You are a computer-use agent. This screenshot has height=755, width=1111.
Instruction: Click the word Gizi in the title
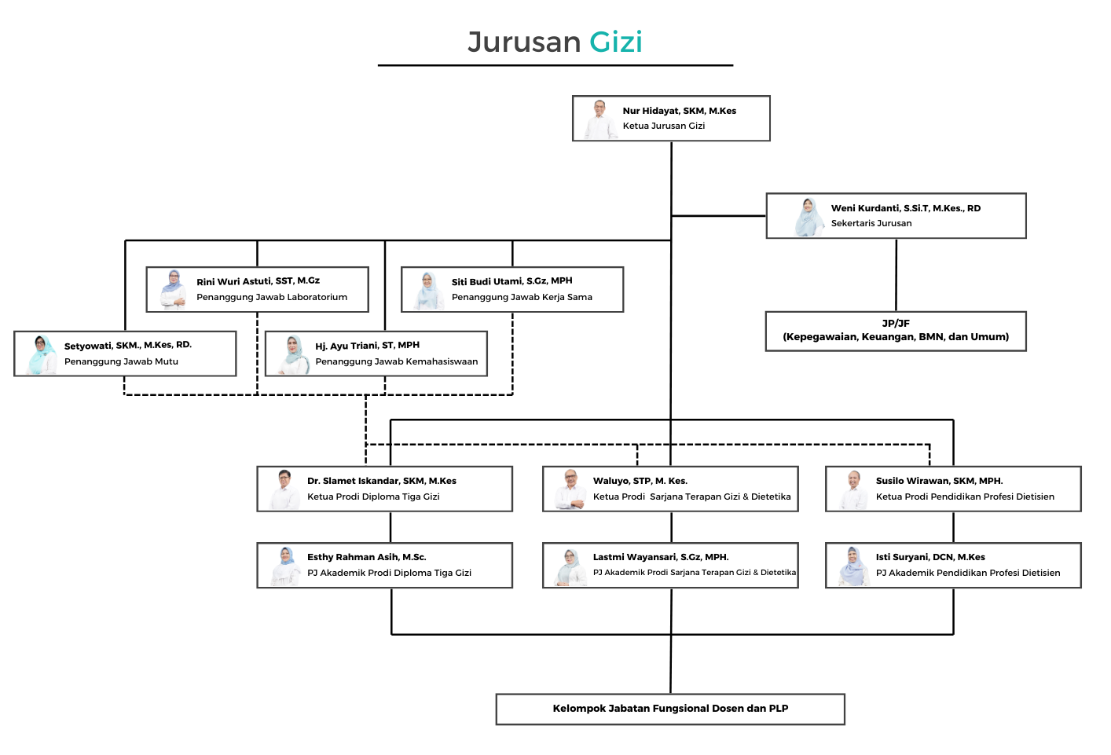pyautogui.click(x=616, y=42)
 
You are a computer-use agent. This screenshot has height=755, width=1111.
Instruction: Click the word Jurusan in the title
pyautogui.click(x=524, y=42)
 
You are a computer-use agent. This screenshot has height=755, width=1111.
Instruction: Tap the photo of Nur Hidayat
pyautogui.click(x=599, y=119)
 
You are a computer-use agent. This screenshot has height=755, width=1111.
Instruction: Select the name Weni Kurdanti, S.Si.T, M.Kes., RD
pyautogui.click(x=905, y=208)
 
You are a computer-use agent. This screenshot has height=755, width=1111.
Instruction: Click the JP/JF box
pyautogui.click(x=896, y=331)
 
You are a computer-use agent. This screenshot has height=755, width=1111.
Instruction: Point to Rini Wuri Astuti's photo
pyautogui.click(x=173, y=289)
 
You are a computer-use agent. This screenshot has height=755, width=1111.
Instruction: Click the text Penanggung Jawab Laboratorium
pyautogui.click(x=272, y=297)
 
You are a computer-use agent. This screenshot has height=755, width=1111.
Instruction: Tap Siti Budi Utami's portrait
pyautogui.click(x=427, y=290)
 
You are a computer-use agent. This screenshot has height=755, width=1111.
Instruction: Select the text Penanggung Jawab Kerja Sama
pyautogui.click(x=522, y=297)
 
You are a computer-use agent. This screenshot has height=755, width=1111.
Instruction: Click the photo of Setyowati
pyautogui.click(x=41, y=354)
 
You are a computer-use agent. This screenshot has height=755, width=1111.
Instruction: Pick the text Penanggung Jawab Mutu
pyautogui.click(x=121, y=361)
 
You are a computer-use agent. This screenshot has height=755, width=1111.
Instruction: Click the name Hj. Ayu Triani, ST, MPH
pyautogui.click(x=367, y=346)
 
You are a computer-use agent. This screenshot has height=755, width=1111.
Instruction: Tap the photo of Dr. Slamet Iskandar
pyautogui.click(x=284, y=489)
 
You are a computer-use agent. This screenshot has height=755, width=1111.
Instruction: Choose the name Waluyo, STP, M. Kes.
pyautogui.click(x=640, y=481)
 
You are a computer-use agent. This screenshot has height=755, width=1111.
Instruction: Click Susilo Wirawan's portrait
pyautogui.click(x=852, y=489)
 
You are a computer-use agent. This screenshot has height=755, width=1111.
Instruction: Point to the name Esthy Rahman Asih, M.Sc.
pyautogui.click(x=366, y=557)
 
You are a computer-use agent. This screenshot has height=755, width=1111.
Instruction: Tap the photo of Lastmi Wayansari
pyautogui.click(x=570, y=566)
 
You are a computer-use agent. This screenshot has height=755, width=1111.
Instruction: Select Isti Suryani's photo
pyautogui.click(x=852, y=566)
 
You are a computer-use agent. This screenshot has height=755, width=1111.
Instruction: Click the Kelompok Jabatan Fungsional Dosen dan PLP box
pyautogui.click(x=670, y=709)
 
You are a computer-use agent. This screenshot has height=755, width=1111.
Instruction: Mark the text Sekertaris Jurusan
pyautogui.click(x=871, y=223)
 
